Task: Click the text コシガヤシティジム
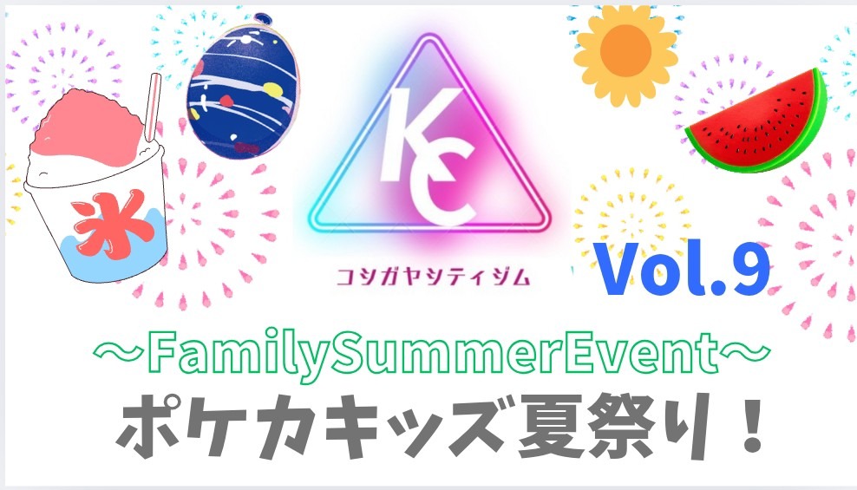click(428, 278)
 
